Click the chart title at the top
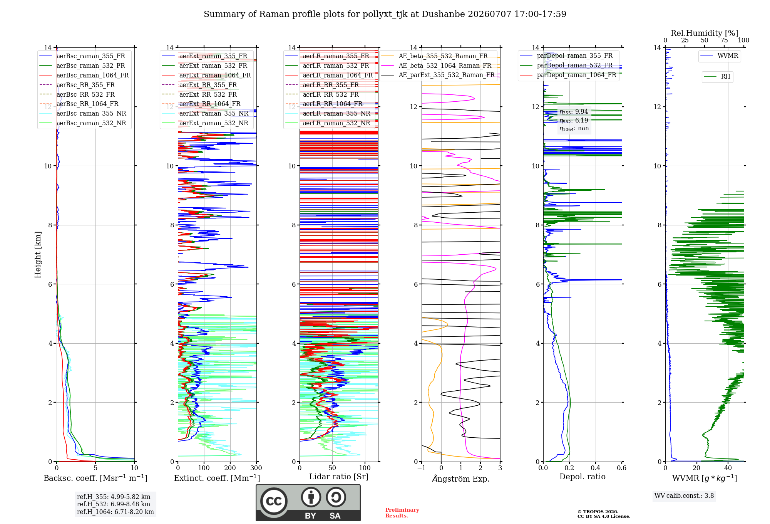(x=385, y=14)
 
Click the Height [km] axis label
(x=38, y=255)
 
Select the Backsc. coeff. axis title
(x=95, y=478)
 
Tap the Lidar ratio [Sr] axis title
(x=339, y=477)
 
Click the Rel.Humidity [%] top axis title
(x=705, y=33)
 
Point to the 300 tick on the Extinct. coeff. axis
(x=256, y=468)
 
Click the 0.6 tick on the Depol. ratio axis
(x=621, y=468)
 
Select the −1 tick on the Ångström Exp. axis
(x=421, y=468)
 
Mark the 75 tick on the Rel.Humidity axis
(x=724, y=40)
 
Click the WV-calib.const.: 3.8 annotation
(x=684, y=496)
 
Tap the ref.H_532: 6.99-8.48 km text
(x=114, y=504)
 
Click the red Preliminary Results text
(x=402, y=513)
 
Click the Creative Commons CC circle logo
(x=274, y=501)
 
